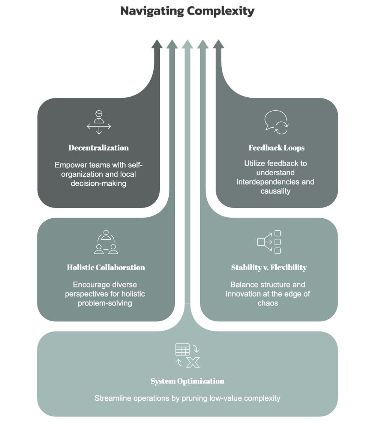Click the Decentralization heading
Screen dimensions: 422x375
pyautogui.click(x=99, y=148)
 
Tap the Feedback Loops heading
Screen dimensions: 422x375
pyautogui.click(x=276, y=148)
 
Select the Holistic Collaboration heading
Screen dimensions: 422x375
pyautogui.click(x=106, y=267)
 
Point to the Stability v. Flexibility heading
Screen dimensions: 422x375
pyautogui.click(x=269, y=267)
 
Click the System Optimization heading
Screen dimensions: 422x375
pyautogui.click(x=187, y=381)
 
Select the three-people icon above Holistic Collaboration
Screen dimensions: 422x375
pyautogui.click(x=106, y=242)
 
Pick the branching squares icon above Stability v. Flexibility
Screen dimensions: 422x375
pyautogui.click(x=269, y=242)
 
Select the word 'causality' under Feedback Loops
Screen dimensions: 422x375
pyautogui.click(x=276, y=191)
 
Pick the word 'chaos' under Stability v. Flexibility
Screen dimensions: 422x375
pyautogui.click(x=268, y=303)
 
